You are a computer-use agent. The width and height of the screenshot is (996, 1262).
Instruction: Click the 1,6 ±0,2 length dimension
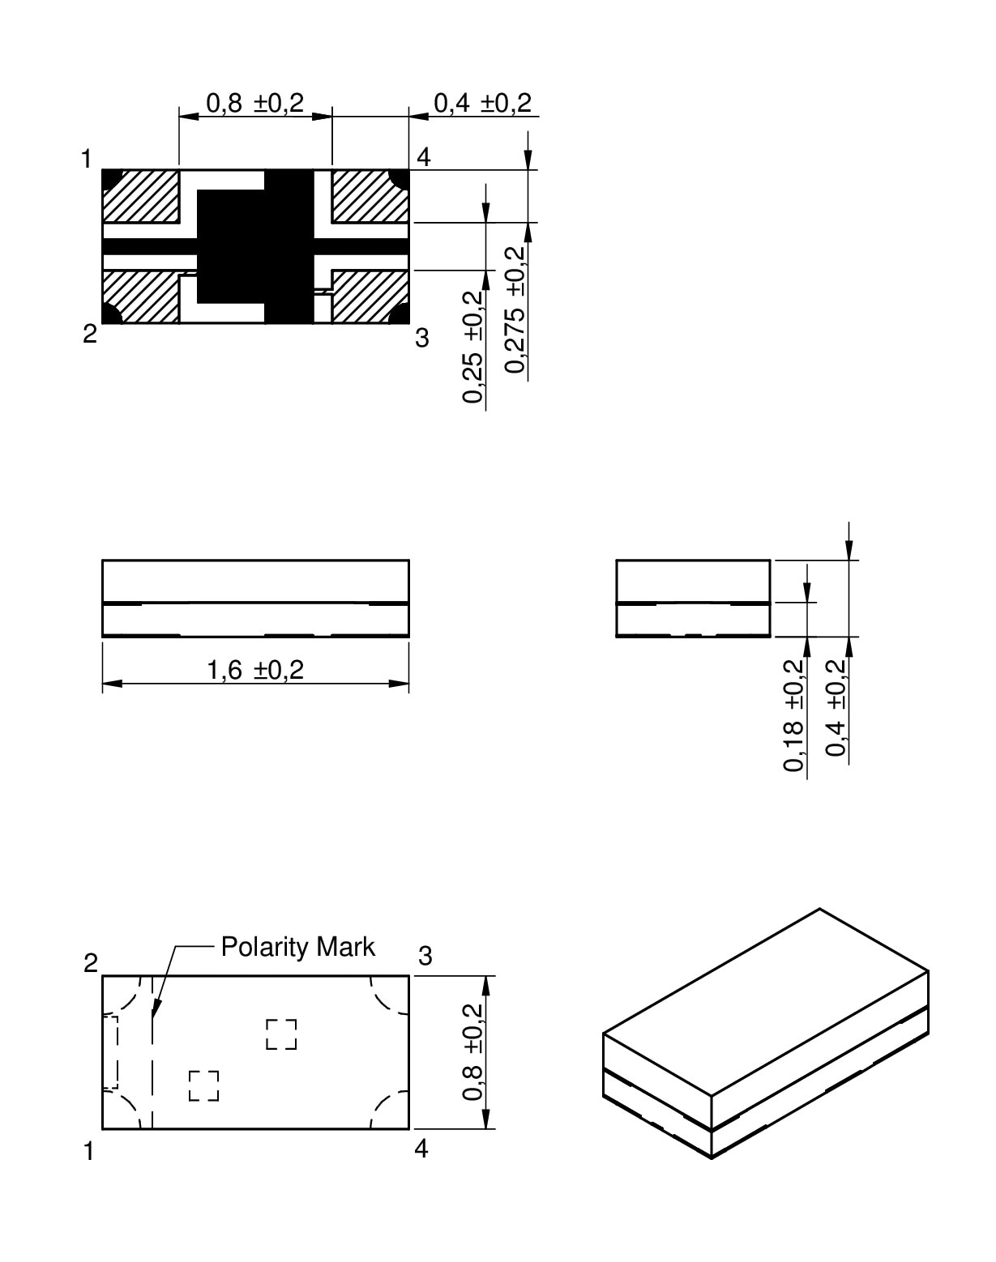[255, 671]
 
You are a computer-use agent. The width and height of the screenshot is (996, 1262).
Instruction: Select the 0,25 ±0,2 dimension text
[473, 347]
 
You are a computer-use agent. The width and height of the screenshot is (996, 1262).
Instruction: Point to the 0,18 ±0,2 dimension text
[793, 715]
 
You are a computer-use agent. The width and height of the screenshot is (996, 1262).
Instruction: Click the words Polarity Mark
[297, 947]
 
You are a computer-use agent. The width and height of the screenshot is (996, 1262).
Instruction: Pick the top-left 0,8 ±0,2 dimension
[255, 103]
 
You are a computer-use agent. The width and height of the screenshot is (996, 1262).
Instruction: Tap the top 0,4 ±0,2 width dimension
[482, 103]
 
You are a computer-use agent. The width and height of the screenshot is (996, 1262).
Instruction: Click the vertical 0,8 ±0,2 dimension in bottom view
[472, 1052]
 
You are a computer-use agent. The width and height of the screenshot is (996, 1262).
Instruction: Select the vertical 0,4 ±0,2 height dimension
[836, 709]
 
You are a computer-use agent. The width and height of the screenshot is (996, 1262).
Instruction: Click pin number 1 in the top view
[86, 159]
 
